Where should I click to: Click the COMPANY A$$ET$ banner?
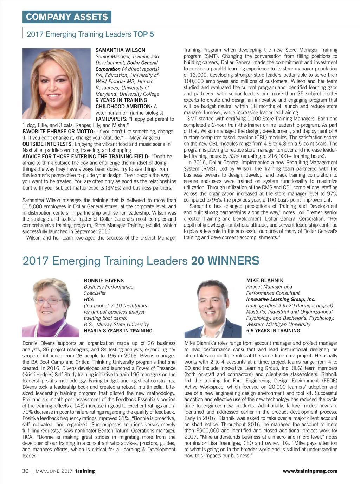(67, 17)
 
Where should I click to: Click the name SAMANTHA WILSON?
(120, 50)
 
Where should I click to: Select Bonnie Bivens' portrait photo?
(51, 307)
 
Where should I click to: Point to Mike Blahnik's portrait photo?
(213, 307)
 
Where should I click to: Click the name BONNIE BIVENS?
(104, 281)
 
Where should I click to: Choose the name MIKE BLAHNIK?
(264, 281)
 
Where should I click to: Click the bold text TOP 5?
(143, 34)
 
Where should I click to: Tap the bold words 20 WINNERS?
(225, 261)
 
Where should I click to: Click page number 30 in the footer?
(25, 471)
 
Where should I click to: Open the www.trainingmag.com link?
(310, 471)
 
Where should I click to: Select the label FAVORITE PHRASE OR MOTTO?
(58, 132)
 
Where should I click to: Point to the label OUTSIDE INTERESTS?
(47, 144)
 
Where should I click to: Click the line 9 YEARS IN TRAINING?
(121, 100)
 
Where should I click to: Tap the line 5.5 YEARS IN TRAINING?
(273, 331)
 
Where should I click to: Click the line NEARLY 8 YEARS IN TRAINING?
(118, 331)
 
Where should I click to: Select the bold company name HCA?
(89, 299)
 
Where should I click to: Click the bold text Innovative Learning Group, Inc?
(281, 299)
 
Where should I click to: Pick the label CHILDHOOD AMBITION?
(123, 107)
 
